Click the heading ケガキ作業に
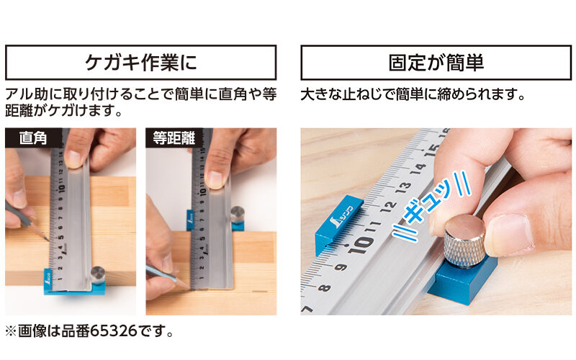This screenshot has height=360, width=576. click(140, 63)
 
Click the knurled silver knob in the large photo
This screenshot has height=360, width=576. click(464, 240)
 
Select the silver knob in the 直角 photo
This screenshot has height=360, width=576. click(97, 274)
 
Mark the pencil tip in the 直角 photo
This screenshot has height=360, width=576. click(48, 238)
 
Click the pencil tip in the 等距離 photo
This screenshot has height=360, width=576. click(189, 286)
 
